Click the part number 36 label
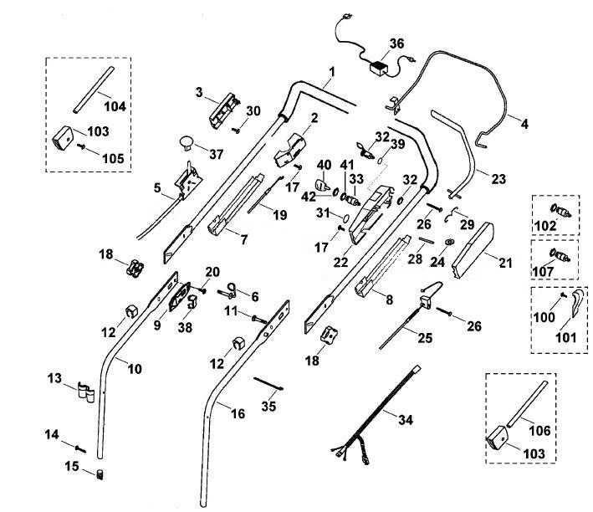396,44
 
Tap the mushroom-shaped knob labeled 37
186,143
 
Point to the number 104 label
115,106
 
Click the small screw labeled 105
82,146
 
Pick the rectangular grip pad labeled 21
473,250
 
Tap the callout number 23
498,178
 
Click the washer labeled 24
450,242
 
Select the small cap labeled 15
100,474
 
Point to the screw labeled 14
80,448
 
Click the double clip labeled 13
86,393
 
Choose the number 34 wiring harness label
406,419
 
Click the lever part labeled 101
577,303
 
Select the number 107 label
543,271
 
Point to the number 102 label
545,226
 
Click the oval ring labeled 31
345,218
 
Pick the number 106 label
539,430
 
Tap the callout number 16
238,413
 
